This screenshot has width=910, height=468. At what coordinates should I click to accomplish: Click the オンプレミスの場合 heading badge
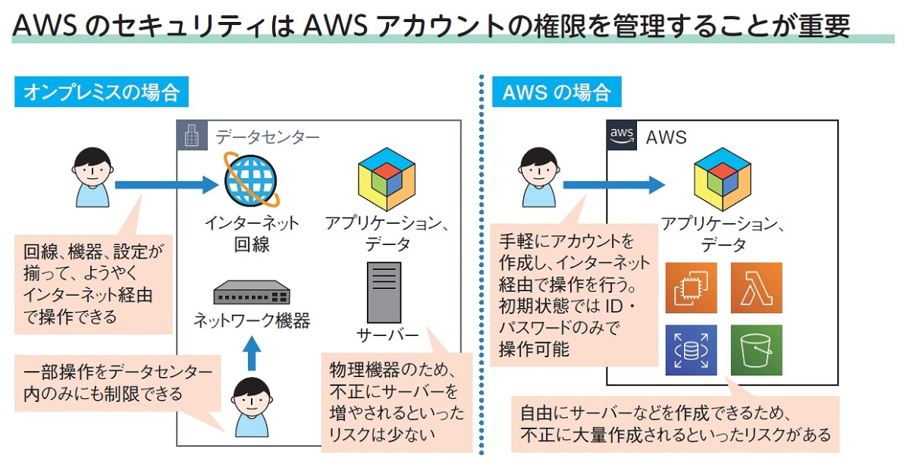(102, 93)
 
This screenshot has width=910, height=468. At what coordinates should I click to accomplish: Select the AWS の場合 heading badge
(557, 93)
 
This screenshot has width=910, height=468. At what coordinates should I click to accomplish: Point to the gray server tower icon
(384, 293)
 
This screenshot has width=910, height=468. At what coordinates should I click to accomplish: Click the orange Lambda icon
(755, 288)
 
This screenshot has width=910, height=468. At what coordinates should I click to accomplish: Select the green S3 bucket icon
(755, 350)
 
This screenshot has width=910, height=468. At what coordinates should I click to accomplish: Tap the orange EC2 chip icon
(691, 288)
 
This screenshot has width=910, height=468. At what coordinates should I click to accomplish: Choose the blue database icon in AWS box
(691, 350)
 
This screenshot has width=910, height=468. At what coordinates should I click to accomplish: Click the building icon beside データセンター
(192, 136)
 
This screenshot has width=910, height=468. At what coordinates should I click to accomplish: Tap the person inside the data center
(250, 406)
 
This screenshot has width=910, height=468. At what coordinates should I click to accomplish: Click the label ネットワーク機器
(251, 321)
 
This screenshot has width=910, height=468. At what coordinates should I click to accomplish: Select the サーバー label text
(387, 335)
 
